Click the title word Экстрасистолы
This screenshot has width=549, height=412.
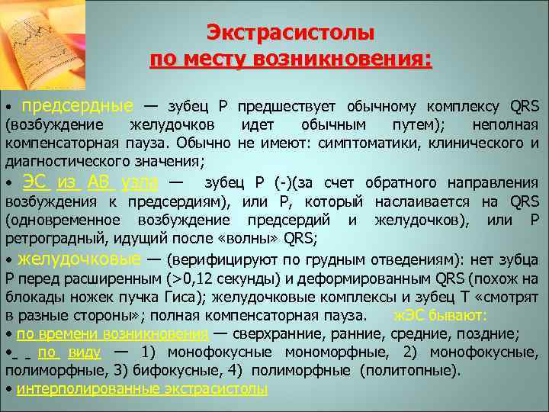coord(291,33)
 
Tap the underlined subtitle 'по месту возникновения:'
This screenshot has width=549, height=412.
coord(291,60)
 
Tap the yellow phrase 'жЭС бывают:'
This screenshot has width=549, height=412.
coord(440,315)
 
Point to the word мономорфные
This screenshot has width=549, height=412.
coord(336,352)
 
